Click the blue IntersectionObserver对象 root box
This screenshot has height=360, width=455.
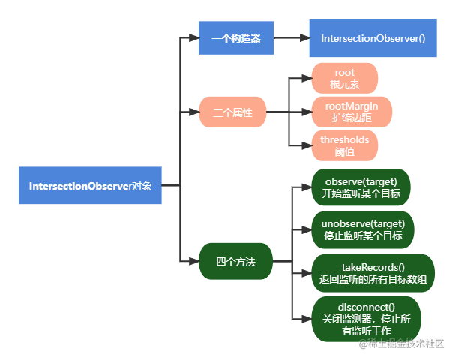(90, 185)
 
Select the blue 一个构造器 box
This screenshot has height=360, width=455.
(236, 37)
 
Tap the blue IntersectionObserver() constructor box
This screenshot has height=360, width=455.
(373, 37)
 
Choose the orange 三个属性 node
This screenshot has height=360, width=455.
(232, 113)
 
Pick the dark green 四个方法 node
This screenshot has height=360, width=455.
(235, 262)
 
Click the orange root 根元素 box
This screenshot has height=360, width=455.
(345, 78)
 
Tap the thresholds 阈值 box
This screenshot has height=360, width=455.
(345, 146)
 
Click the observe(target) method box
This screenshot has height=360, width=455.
(361, 187)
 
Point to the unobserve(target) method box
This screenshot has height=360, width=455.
(363, 229)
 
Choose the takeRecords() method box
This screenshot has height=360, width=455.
(373, 272)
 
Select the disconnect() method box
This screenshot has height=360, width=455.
(367, 318)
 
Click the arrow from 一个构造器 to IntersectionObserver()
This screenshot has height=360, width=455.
(291, 37)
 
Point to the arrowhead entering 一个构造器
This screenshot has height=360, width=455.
(194, 37)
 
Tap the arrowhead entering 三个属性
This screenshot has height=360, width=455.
(194, 113)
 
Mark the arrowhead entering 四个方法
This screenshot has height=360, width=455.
(194, 262)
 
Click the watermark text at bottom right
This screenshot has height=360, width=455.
(400, 343)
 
